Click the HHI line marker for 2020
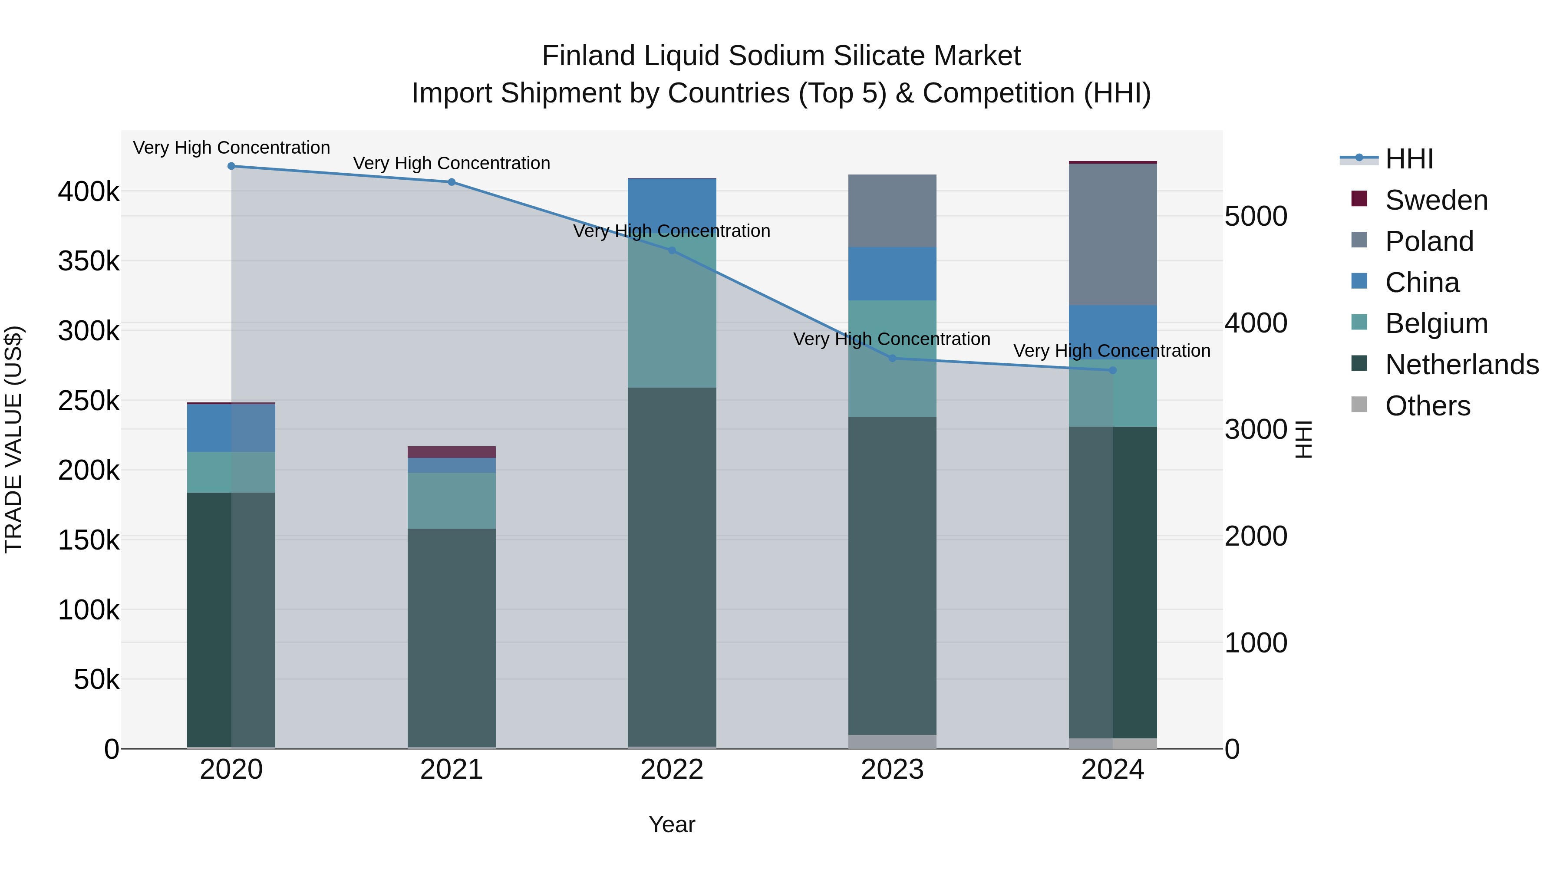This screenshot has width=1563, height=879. coord(231,166)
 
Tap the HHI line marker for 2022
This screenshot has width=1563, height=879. coord(672,250)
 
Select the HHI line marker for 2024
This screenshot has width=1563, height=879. coord(1112,370)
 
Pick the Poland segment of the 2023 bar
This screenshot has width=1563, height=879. coord(892,211)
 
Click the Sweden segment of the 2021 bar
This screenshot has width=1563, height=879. coord(452,452)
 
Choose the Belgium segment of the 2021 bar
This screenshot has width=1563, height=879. coord(452,500)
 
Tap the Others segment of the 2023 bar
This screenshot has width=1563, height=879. coord(892,741)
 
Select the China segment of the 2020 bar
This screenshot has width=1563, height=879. coord(231,428)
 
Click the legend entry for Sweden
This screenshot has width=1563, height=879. coord(1436,200)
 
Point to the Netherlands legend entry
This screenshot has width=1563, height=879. coord(1461,365)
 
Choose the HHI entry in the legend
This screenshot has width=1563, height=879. coord(1409,159)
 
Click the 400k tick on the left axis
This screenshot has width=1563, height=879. coord(89,192)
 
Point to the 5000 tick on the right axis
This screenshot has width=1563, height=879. coord(1255,217)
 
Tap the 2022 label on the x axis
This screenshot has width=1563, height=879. coord(672,770)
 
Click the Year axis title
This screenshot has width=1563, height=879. coord(672,824)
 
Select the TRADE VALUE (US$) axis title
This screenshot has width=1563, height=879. coord(14,439)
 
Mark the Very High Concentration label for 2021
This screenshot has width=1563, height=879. coord(452,163)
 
